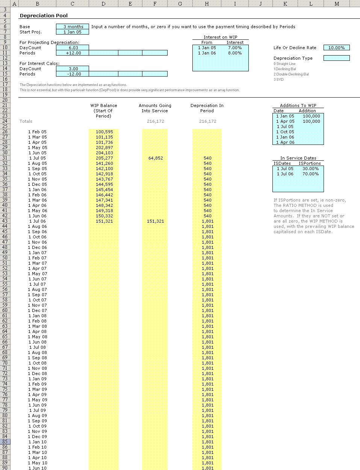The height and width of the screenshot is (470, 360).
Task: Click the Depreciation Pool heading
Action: pos(44,16)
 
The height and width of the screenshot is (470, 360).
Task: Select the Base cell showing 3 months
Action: pos(73,27)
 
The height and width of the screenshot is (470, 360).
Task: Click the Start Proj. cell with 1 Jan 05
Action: pos(73,32)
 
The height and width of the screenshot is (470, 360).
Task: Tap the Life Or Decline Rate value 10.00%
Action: pos(336,48)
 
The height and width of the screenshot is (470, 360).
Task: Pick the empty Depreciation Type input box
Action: pos(336,58)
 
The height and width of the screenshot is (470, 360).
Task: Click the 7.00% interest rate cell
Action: pos(234,48)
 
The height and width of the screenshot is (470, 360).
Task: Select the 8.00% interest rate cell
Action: pos(234,53)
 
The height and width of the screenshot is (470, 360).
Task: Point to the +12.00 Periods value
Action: pos(73,53)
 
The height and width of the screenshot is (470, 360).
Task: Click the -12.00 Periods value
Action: pos(73,74)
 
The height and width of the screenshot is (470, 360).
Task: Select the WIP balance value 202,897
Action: pos(104,148)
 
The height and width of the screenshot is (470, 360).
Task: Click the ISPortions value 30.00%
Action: pos(310,169)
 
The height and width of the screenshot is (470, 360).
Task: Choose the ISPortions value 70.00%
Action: pos(310,174)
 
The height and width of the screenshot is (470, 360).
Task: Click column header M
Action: pos(337,4)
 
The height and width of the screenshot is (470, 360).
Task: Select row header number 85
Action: pos(5,442)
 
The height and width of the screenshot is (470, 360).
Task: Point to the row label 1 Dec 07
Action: pos(37,310)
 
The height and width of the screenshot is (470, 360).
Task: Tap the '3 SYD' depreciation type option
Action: pos(278,80)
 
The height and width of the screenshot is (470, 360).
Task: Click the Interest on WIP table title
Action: pos(220,37)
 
